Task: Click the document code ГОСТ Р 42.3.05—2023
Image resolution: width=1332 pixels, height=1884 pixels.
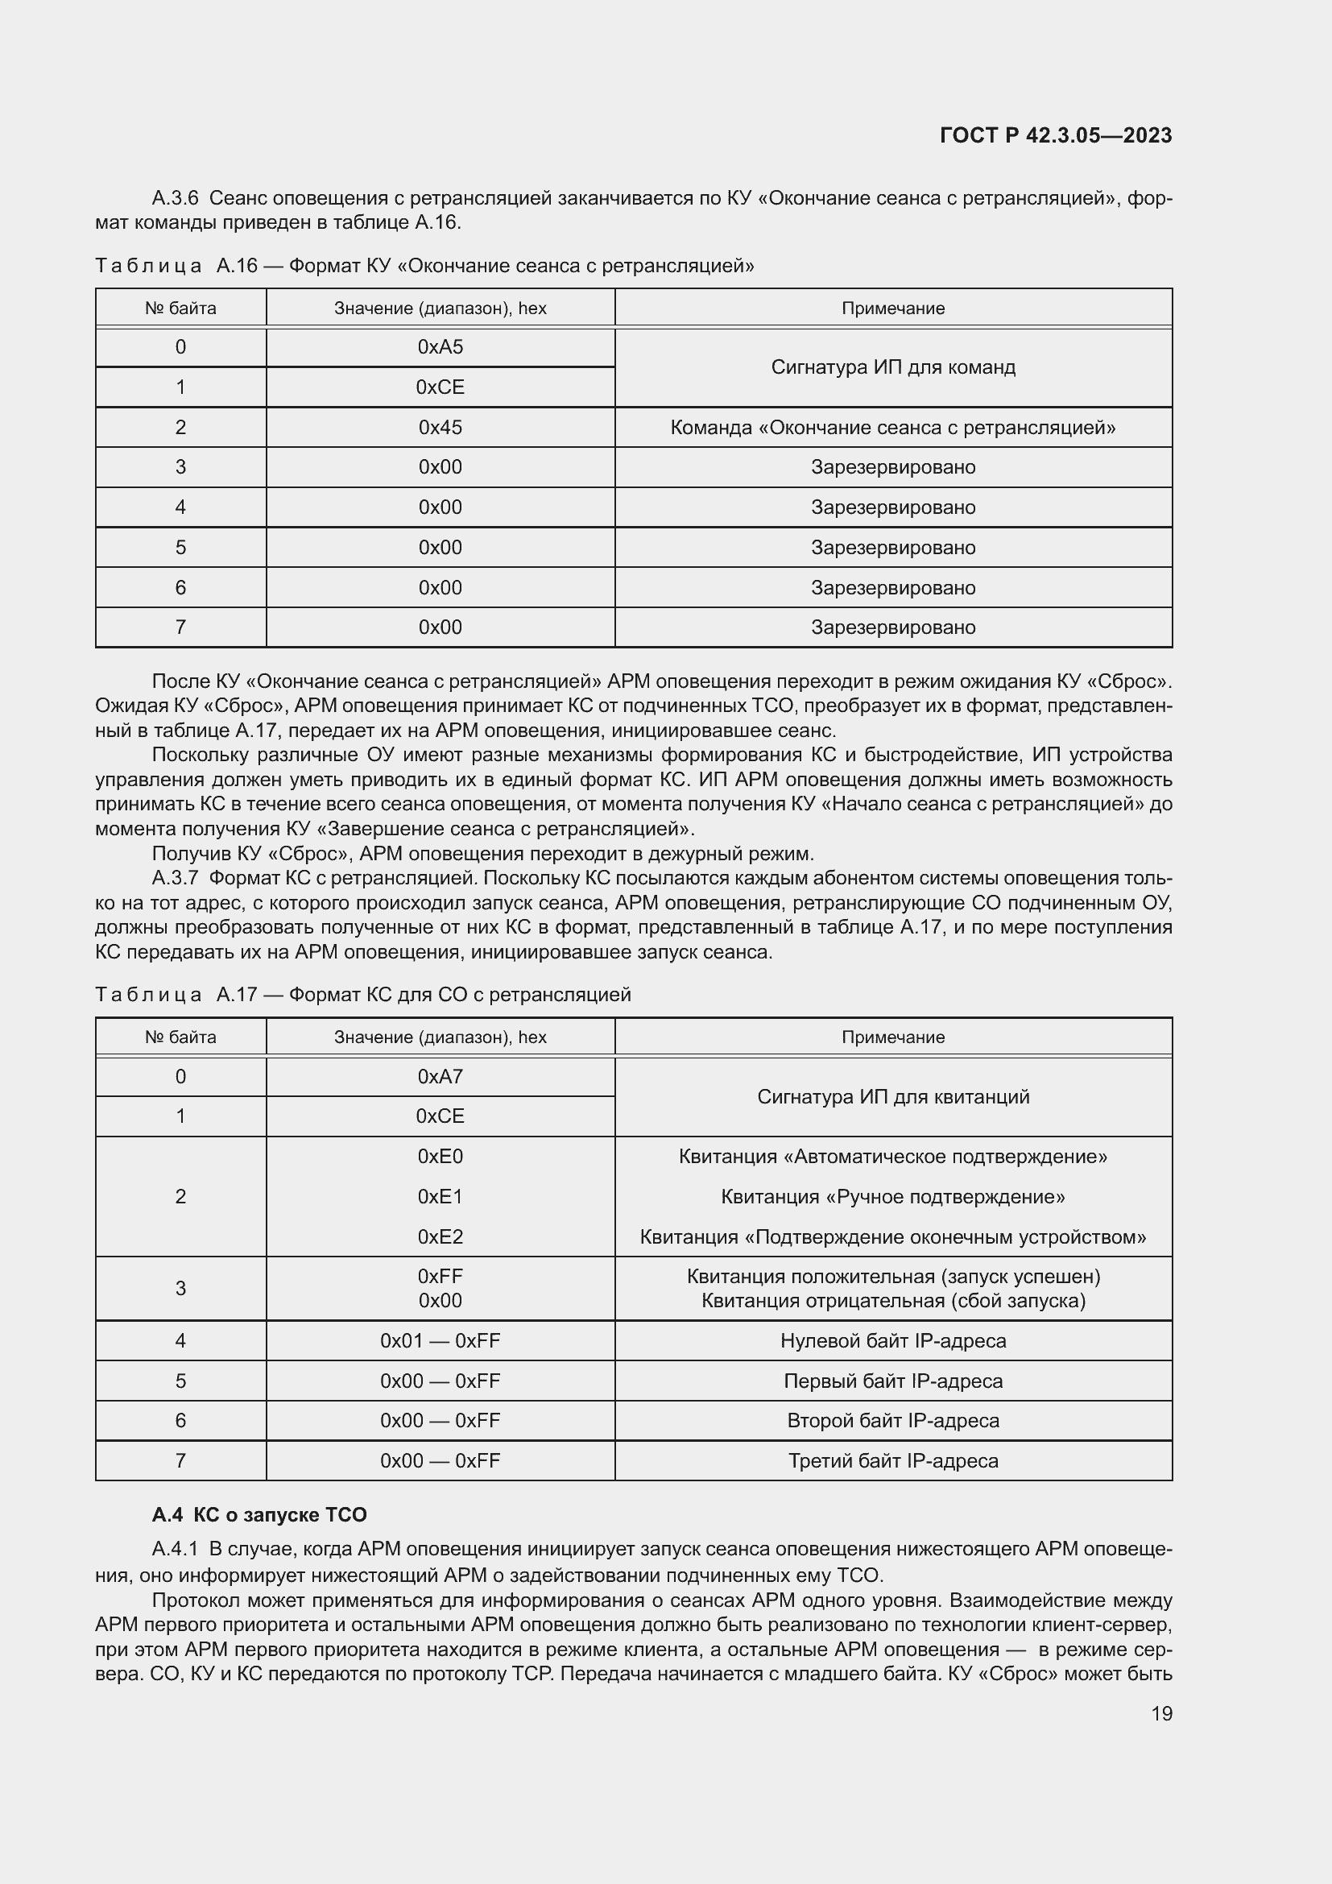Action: click(x=1055, y=135)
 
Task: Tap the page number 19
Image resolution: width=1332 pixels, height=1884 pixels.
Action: click(x=1160, y=1713)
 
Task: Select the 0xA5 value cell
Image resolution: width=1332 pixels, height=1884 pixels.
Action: click(x=440, y=347)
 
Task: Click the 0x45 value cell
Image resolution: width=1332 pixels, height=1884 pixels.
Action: click(x=440, y=428)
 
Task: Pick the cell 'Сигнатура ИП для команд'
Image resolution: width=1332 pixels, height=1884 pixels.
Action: click(x=892, y=366)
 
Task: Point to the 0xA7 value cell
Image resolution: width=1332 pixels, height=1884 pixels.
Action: click(x=440, y=1077)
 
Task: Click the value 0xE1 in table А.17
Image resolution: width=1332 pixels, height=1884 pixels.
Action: click(x=440, y=1196)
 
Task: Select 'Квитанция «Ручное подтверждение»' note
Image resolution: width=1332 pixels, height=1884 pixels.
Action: click(x=892, y=1196)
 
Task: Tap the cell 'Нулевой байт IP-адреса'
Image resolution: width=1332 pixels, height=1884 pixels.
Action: click(x=892, y=1341)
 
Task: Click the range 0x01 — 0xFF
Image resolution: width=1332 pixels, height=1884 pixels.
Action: click(x=440, y=1341)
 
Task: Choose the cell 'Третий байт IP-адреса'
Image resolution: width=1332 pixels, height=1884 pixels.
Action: click(x=892, y=1460)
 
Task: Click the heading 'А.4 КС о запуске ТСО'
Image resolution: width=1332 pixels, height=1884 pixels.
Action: click(x=259, y=1515)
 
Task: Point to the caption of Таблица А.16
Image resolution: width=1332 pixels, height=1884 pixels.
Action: click(x=424, y=266)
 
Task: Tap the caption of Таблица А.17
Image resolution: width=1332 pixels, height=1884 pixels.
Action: click(x=362, y=995)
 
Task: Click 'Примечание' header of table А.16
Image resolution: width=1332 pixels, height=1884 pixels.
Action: click(x=892, y=308)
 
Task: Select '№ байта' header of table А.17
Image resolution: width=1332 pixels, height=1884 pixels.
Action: click(x=180, y=1037)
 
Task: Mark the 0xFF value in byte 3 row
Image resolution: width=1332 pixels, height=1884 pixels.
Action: click(x=440, y=1276)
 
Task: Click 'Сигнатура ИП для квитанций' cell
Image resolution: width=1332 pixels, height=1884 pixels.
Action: click(x=892, y=1097)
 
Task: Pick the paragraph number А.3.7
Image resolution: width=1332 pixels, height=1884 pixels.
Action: click(x=175, y=878)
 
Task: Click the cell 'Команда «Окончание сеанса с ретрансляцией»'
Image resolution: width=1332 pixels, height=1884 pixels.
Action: click(x=892, y=428)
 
